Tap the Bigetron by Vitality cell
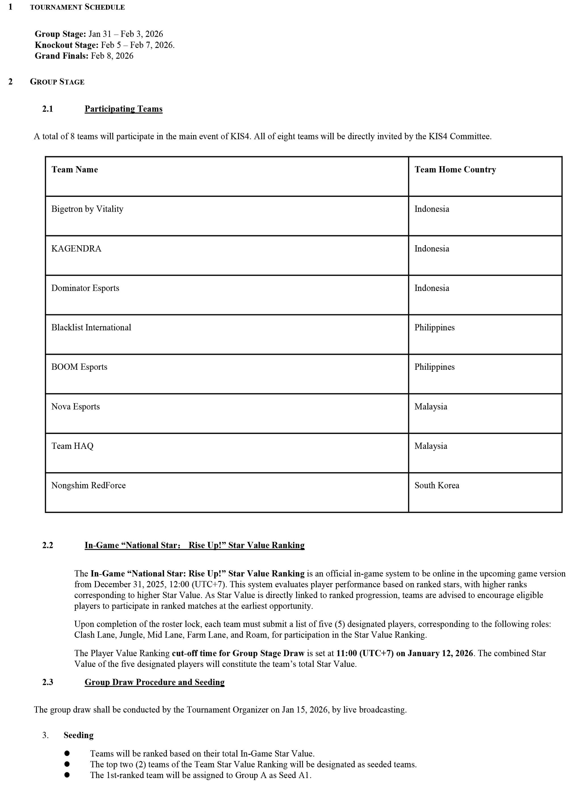click(x=87, y=209)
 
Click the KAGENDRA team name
click(x=76, y=249)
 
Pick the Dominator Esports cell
click(x=85, y=288)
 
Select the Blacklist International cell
click(x=91, y=328)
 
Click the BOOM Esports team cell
click(x=79, y=367)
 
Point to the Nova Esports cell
click(x=75, y=407)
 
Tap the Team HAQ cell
click(x=72, y=446)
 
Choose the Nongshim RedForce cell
click(x=88, y=486)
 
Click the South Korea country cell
click(x=437, y=486)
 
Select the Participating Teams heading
click(x=123, y=109)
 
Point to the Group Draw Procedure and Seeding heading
click(x=154, y=682)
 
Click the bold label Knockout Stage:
click(x=66, y=45)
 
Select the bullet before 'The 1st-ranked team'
click(x=67, y=775)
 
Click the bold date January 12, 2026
click(x=440, y=653)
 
